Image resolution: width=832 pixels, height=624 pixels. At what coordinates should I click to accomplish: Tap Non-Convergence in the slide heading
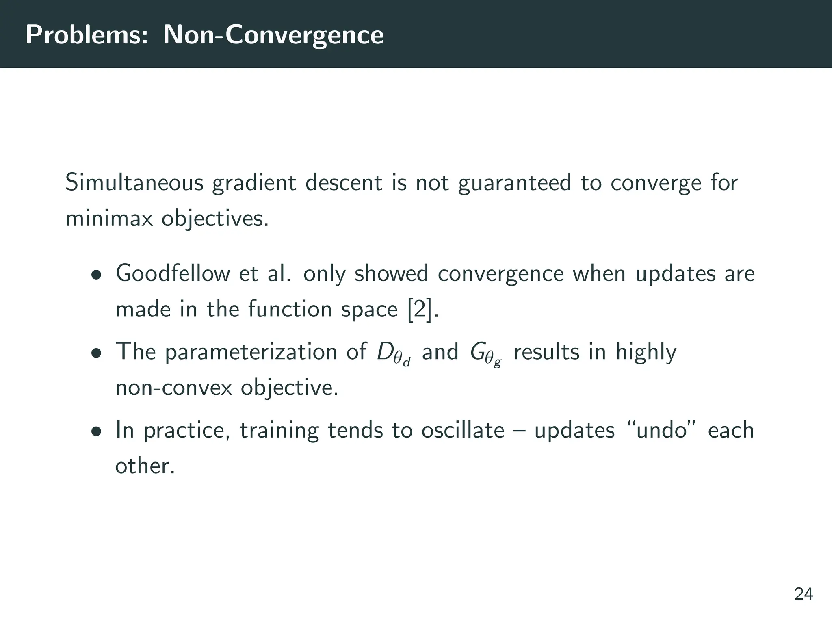[273, 35]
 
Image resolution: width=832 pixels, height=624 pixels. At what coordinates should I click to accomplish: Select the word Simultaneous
[134, 183]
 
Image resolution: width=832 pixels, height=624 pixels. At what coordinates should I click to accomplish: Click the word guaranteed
[514, 183]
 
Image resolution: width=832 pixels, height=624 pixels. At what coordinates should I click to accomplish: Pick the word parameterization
[251, 352]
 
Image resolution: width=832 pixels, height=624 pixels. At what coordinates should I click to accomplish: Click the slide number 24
[804, 594]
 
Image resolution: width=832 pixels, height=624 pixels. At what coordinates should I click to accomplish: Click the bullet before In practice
[96, 431]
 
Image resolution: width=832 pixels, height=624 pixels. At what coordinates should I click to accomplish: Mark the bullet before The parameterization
[96, 353]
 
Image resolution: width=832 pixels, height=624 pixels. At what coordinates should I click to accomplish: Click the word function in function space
[290, 310]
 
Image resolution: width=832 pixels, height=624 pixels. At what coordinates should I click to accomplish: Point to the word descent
[343, 183]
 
